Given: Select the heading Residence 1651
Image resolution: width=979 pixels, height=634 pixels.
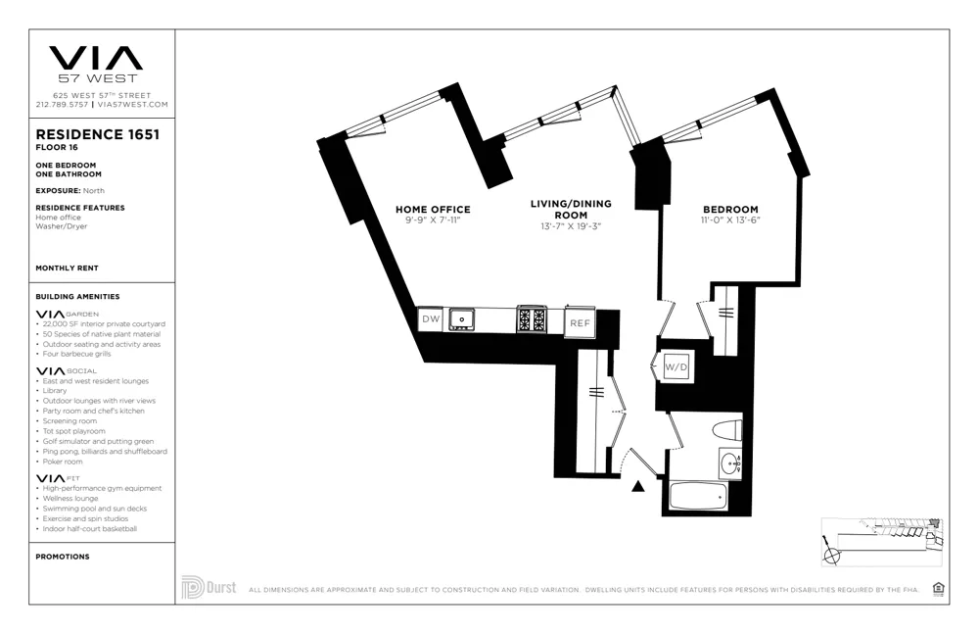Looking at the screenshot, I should (x=97, y=135).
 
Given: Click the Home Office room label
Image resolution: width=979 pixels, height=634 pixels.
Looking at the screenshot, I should (x=433, y=210).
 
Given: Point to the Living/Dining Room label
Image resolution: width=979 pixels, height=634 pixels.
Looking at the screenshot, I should (x=571, y=210).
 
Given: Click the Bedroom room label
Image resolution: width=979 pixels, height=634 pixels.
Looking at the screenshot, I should (x=730, y=210).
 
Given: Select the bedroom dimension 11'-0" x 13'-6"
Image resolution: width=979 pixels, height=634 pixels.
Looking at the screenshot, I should (x=730, y=220).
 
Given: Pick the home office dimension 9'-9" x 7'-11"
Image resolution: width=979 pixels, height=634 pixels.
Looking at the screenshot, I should (x=433, y=220).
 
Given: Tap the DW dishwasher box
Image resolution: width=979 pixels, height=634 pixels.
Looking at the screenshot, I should (x=431, y=319).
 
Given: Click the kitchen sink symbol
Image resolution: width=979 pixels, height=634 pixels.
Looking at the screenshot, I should (x=461, y=319).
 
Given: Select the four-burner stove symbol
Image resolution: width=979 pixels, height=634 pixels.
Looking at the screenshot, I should (x=531, y=319).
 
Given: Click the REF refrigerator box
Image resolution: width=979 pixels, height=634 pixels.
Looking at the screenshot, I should (x=580, y=322).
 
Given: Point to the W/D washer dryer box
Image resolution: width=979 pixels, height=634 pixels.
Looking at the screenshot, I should (x=676, y=367).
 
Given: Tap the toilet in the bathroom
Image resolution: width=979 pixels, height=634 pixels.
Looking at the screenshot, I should (x=726, y=429).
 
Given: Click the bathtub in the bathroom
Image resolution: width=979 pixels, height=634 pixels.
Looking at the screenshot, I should (x=698, y=496).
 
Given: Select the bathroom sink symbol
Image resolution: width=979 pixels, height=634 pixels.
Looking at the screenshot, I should (x=729, y=463).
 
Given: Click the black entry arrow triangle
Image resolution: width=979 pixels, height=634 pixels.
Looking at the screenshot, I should (x=638, y=486).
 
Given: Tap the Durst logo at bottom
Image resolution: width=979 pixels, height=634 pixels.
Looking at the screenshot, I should (x=209, y=587).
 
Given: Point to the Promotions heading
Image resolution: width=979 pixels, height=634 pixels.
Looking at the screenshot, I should (x=63, y=557).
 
